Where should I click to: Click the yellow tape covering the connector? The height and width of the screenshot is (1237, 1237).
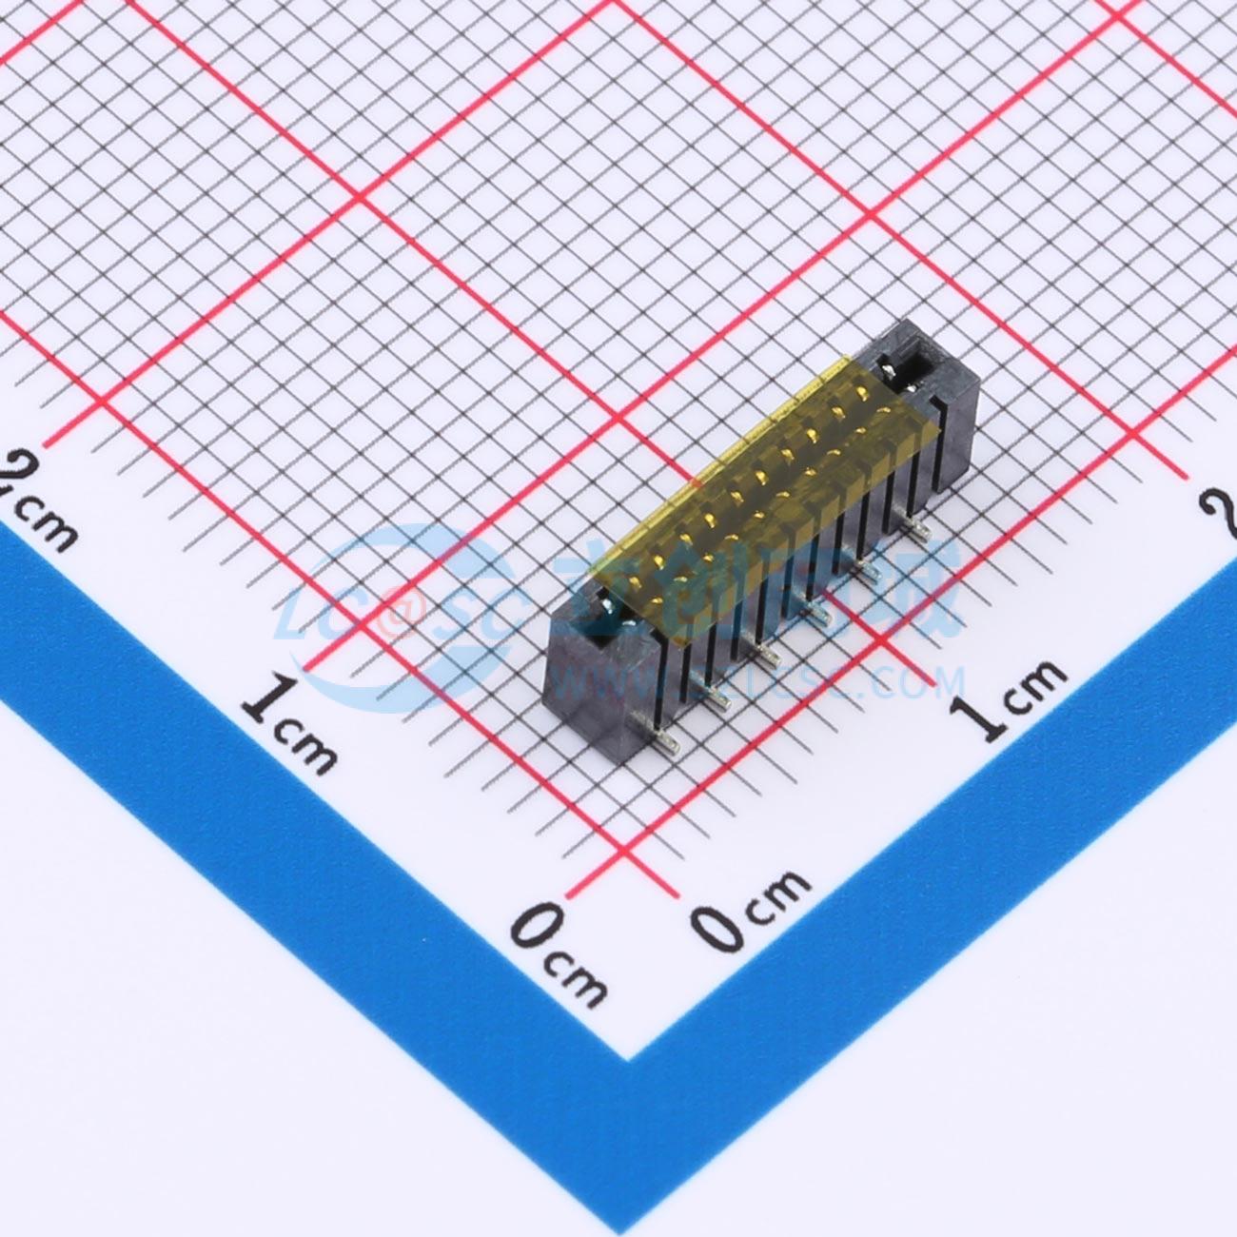pos(752,485)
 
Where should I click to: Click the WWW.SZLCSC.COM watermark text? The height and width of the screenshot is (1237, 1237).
pos(761,680)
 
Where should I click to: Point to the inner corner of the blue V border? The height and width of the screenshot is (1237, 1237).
pos(625,1055)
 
